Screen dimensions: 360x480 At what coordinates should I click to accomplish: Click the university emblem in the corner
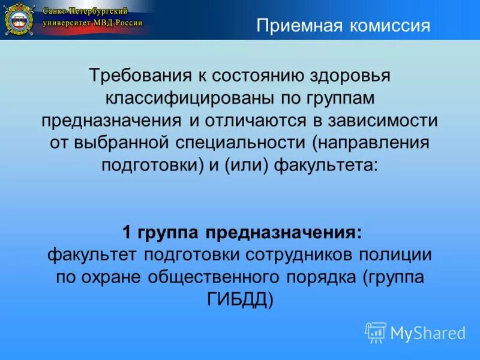point(19,20)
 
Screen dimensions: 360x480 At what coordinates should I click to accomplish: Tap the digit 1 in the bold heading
point(127,232)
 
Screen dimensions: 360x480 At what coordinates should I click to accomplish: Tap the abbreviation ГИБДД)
point(240,299)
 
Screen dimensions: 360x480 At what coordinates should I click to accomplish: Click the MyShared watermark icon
point(376,332)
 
